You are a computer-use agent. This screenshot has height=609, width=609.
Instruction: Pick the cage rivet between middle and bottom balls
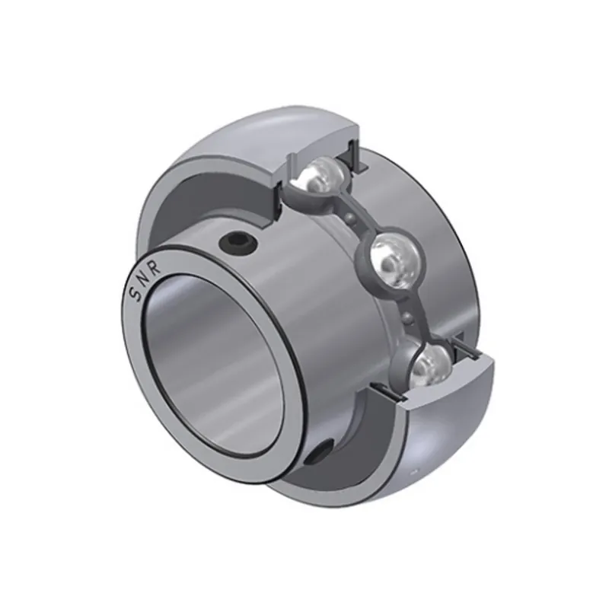409,316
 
